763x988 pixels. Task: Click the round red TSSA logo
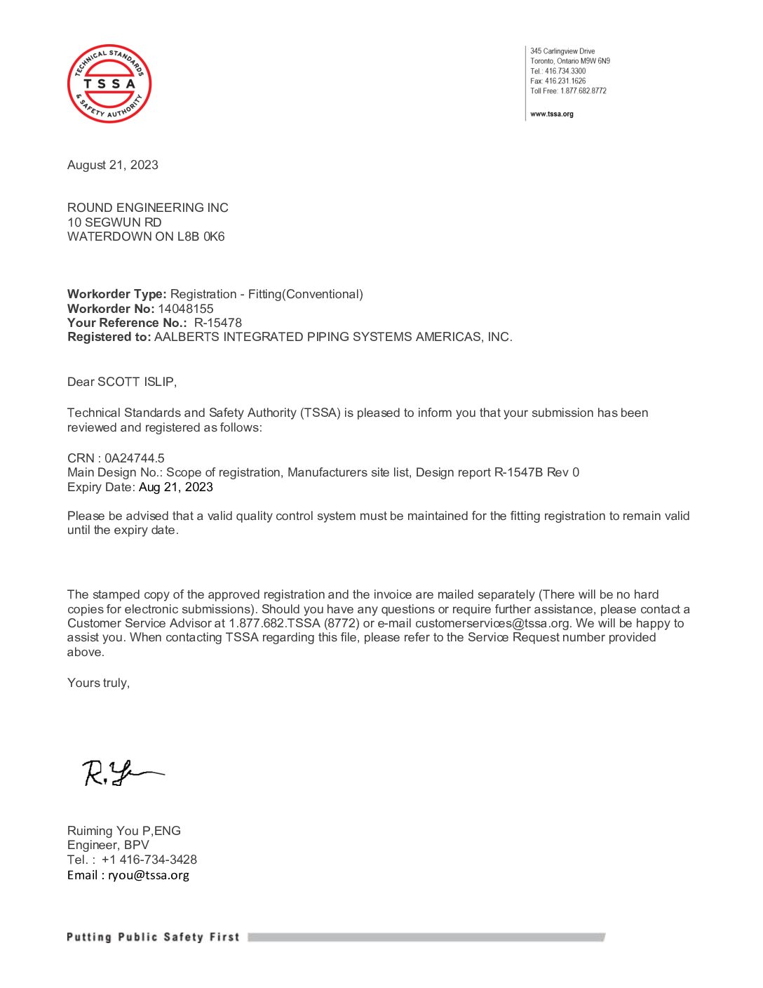tap(109, 84)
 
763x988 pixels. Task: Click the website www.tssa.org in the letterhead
tap(551, 114)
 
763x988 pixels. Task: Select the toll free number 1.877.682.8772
tap(583, 91)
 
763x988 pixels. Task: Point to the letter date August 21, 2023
tap(113, 165)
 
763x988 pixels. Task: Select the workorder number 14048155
tap(186, 309)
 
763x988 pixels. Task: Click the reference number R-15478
tap(218, 323)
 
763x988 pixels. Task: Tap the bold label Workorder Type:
tap(117, 294)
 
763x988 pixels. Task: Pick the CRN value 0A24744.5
tap(135, 458)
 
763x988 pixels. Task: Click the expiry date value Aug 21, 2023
tap(176, 487)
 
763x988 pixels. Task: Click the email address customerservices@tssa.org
tap(492, 623)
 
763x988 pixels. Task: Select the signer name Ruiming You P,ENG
tap(124, 831)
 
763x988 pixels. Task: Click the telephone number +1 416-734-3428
tap(149, 860)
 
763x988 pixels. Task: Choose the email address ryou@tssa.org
tap(149, 875)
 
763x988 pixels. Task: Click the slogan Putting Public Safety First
tap(153, 937)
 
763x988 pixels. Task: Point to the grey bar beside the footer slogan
tap(426, 937)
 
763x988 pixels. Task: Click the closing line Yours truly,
tap(98, 683)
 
